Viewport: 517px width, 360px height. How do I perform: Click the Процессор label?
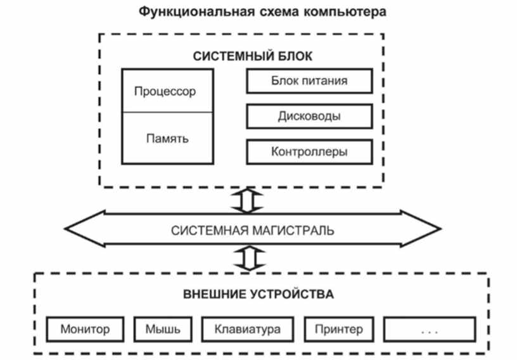pos(165,91)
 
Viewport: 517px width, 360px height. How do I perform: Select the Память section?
pos(167,138)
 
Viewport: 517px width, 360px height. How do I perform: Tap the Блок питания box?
pos(309,81)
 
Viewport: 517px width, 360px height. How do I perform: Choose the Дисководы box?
pos(309,116)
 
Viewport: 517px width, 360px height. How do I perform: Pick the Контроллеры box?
pos(309,151)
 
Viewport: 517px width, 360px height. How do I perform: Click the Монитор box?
pos(85,329)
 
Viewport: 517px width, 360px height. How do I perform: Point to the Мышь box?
pos(163,329)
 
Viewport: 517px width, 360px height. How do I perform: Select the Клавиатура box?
pos(248,329)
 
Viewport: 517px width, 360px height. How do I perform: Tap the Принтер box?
pos(339,329)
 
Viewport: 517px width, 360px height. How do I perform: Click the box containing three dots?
pos(430,329)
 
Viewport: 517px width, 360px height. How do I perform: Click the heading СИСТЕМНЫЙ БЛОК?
pos(253,56)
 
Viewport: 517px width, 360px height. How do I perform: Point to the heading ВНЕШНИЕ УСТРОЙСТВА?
pos(258,294)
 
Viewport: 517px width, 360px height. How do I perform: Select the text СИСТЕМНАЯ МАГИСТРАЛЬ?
pos(253,230)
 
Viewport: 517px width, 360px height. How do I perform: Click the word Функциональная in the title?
pos(196,11)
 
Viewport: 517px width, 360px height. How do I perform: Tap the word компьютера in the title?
pos(344,12)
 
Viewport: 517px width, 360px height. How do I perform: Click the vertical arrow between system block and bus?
pos(247,200)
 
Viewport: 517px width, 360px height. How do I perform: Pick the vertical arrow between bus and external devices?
pos(250,258)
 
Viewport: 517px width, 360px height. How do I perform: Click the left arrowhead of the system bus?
pos(84,228)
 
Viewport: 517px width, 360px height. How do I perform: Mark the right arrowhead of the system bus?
pos(421,228)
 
